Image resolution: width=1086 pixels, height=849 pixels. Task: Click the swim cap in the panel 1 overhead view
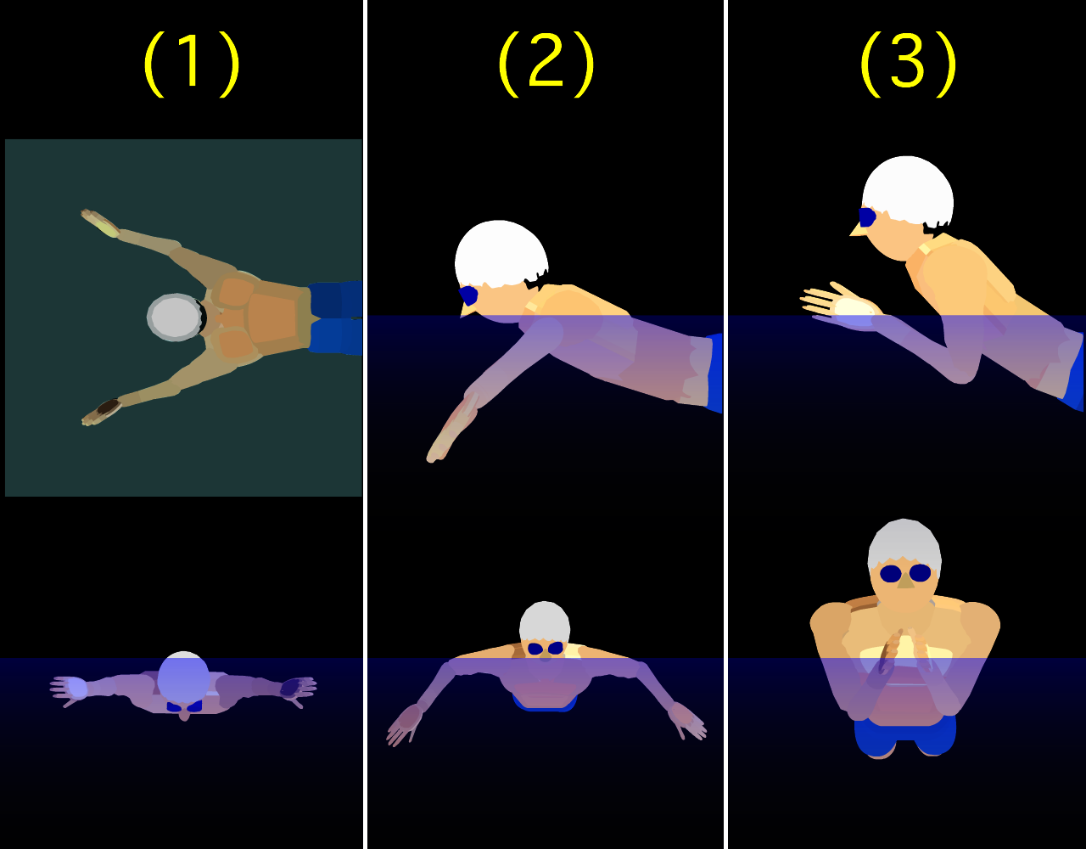(x=175, y=318)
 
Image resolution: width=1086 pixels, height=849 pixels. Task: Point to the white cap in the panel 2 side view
(x=501, y=255)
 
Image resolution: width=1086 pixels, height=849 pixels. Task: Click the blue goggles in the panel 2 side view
(x=468, y=296)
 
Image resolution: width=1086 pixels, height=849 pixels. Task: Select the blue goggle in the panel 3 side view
(x=866, y=217)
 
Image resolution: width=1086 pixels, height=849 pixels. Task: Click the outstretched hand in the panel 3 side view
(x=840, y=306)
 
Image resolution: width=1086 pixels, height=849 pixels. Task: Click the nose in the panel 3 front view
(x=905, y=581)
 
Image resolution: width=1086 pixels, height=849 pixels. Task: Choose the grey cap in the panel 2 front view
(x=545, y=621)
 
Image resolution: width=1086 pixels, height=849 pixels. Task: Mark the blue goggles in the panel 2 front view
(x=546, y=649)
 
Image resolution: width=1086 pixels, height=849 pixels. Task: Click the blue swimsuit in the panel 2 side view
(x=715, y=373)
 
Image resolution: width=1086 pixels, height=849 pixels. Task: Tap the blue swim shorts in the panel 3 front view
(x=904, y=736)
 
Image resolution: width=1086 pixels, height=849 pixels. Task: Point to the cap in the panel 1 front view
(x=183, y=677)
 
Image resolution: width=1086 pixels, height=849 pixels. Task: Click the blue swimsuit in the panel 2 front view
(x=545, y=704)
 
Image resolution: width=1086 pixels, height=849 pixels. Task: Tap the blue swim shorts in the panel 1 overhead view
(x=336, y=318)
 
